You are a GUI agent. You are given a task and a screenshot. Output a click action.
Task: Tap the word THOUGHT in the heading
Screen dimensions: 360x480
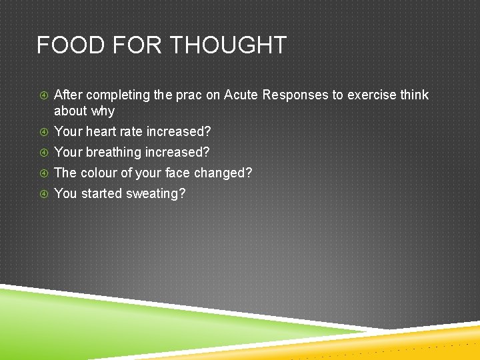coord(229,45)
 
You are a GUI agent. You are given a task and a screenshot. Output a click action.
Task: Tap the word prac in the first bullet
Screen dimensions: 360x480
coord(189,95)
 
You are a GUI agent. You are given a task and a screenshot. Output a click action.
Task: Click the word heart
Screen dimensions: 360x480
coord(101,131)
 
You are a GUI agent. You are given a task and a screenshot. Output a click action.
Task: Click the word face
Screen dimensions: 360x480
coord(177,173)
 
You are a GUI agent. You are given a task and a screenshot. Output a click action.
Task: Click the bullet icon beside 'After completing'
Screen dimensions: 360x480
coord(42,95)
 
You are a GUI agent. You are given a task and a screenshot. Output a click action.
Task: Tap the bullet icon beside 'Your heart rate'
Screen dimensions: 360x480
coord(42,132)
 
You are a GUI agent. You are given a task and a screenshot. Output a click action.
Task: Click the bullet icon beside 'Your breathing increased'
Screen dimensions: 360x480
coord(42,153)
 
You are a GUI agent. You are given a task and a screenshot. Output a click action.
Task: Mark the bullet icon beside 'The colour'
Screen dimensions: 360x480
coord(42,173)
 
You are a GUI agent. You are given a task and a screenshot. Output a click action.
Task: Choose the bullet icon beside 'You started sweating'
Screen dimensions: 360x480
coord(42,194)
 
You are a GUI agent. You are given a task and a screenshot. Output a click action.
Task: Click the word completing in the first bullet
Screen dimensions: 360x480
coord(118,95)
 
